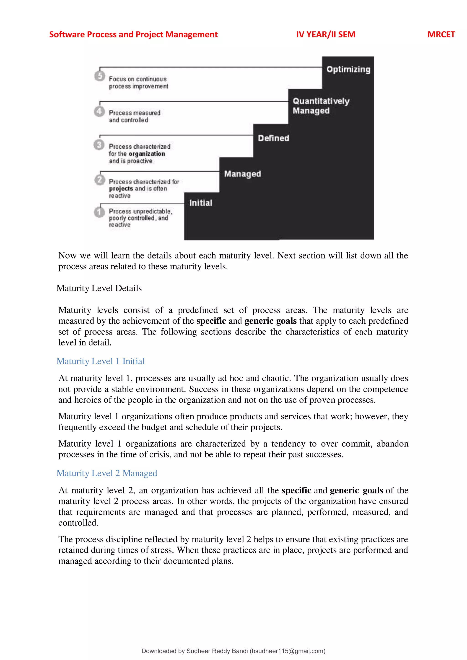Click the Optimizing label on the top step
click(348, 70)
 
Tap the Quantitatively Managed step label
click(321, 106)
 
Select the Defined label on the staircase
click(273, 138)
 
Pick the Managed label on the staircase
click(242, 174)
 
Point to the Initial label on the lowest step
click(201, 203)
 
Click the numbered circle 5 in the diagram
click(99, 76)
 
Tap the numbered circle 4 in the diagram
click(99, 111)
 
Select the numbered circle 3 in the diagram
click(99, 144)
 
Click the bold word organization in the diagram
click(147, 154)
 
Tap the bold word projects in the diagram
click(121, 188)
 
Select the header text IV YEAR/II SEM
click(326, 34)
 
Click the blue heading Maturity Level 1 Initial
click(100, 361)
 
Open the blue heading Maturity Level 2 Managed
click(107, 473)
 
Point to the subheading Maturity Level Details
click(99, 288)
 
